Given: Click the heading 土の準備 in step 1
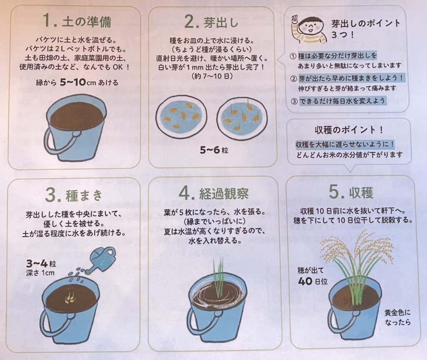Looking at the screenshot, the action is point(87,22).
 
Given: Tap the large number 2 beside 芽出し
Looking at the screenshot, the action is point(190,22).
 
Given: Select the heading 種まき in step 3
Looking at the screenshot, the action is point(84,195).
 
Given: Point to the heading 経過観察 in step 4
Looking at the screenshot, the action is point(224,194).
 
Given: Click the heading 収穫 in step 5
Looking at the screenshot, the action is point(361,192).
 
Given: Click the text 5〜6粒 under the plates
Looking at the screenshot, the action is point(214,150).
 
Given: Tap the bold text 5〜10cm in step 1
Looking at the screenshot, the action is point(78,82).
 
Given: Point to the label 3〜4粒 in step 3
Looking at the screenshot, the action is point(41,264).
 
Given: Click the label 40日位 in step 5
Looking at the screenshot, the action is point(313,281).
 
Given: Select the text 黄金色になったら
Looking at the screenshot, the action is point(397,317).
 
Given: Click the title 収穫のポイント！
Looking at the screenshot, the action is point(349,130).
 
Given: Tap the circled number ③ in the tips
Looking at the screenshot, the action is point(294,101).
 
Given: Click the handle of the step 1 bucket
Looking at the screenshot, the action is point(58,139).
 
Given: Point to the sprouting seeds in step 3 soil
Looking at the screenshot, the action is point(70,298).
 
